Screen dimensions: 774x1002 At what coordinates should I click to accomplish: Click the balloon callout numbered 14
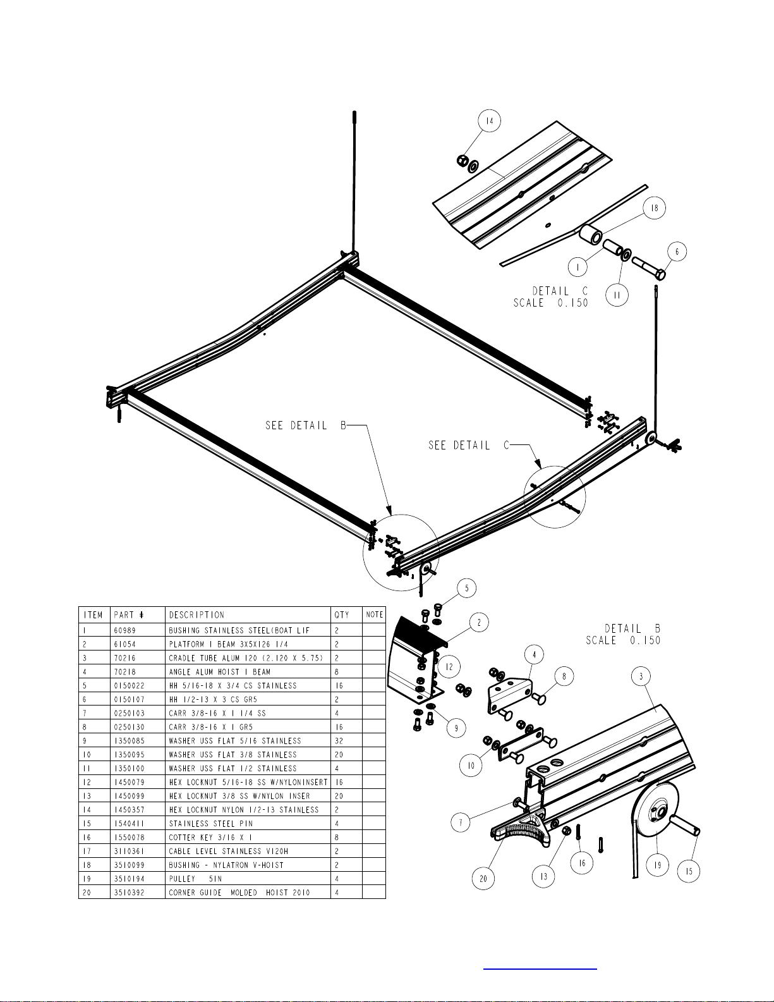point(489,121)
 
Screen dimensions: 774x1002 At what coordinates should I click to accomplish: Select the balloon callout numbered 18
point(654,208)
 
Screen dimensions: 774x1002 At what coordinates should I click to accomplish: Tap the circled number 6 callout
point(677,252)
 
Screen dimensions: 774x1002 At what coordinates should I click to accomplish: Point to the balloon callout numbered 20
point(483,879)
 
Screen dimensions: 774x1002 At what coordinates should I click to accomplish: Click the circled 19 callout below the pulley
point(658,865)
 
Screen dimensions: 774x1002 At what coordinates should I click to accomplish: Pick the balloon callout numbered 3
point(641,676)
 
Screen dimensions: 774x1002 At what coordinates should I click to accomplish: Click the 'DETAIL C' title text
point(560,291)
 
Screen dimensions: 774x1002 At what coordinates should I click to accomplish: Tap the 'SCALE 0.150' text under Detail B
point(623,640)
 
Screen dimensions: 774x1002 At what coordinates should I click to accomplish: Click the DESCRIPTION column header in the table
point(197,614)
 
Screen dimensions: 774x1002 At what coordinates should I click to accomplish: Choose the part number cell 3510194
point(130,879)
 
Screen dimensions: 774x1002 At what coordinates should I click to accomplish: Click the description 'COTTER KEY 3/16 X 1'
point(210,837)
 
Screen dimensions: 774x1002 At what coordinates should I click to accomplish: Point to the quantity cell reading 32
point(339,740)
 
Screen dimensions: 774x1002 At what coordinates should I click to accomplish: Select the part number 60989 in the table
point(125,630)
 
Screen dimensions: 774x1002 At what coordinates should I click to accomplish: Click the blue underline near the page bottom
point(540,968)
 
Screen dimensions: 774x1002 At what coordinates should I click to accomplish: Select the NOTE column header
point(374,614)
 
